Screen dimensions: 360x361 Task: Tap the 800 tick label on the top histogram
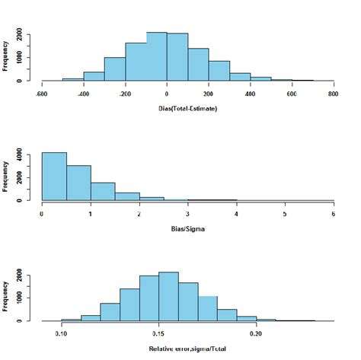tap(332, 94)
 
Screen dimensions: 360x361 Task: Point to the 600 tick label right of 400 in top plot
tap(291, 94)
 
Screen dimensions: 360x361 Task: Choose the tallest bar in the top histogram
tap(156, 56)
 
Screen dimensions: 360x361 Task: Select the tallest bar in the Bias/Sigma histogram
tap(54, 177)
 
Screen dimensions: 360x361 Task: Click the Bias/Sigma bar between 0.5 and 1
tap(78, 183)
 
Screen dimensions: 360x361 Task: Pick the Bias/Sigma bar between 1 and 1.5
tap(103, 191)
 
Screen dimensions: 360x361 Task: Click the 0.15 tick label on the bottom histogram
tap(158, 334)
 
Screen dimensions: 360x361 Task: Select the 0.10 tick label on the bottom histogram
tap(62, 334)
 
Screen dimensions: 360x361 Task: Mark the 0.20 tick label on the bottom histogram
tap(256, 334)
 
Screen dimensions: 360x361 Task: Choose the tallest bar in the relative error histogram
tap(168, 296)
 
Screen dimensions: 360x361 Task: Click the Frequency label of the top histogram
tap(7, 56)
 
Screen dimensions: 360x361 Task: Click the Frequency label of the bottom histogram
tap(7, 296)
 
